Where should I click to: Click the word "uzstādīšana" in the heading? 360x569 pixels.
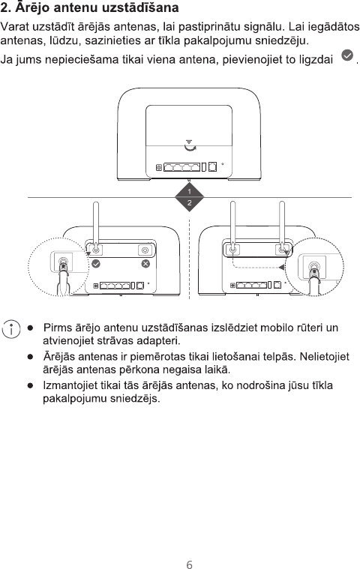[137, 7]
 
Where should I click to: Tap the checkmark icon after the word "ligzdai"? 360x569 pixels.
[347, 55]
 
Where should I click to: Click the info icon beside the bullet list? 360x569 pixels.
[11, 329]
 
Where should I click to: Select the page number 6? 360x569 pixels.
[189, 565]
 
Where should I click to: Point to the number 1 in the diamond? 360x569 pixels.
[189, 191]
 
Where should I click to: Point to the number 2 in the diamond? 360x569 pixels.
[189, 203]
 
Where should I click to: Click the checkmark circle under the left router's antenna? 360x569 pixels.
[96, 263]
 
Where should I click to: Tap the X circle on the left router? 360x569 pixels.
[145, 263]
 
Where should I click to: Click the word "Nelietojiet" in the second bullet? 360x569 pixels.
[325, 357]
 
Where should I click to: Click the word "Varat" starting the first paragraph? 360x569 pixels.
[15, 27]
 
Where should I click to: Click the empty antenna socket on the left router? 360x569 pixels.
[145, 250]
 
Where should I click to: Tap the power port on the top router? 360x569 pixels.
[159, 167]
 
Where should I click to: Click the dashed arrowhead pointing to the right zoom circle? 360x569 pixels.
[281, 268]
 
